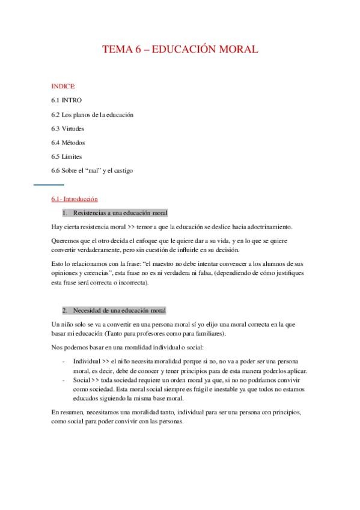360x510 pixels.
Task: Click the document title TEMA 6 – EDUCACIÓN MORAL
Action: tap(180, 51)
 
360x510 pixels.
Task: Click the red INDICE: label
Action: tap(63, 86)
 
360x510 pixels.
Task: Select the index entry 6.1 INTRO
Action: tap(66, 100)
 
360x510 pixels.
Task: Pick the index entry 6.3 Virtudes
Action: tap(68, 128)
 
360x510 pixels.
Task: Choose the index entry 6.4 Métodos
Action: tap(68, 143)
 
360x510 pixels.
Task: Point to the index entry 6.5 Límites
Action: tap(67, 156)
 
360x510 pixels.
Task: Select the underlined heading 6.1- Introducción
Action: tap(75, 198)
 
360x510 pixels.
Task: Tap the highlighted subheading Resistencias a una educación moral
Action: tap(120, 213)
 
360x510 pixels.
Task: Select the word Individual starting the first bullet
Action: tap(86, 361)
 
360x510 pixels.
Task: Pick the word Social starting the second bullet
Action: tap(81, 381)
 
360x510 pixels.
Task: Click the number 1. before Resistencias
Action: tap(65, 213)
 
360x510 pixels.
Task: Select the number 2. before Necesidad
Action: tap(65, 310)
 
